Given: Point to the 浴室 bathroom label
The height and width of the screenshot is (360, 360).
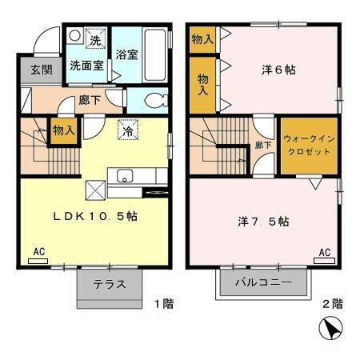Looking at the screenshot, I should (x=126, y=55).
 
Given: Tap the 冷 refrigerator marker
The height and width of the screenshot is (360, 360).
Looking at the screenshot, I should (x=127, y=132).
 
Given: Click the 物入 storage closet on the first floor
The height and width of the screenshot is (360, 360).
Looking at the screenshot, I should (x=64, y=130).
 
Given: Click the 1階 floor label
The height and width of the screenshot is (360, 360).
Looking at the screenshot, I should (x=164, y=303).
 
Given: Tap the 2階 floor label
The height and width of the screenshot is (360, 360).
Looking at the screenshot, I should (x=332, y=303).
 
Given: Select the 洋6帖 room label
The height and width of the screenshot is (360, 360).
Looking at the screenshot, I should (x=278, y=70).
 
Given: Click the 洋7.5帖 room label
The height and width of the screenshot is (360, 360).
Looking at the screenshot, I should (x=263, y=220).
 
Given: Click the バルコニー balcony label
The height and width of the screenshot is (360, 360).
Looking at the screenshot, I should (x=263, y=282).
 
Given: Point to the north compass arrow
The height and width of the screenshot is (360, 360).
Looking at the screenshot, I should (x=330, y=329).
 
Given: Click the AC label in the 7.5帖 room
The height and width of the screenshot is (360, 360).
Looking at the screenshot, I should (x=325, y=253).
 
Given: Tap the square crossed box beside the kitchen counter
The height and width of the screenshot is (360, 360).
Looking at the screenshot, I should (x=96, y=190).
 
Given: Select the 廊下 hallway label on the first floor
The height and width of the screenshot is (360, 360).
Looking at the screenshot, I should (x=90, y=102).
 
